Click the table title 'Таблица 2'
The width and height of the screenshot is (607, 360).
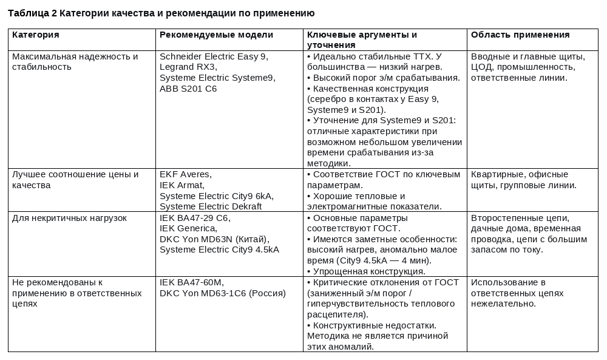point(32,13)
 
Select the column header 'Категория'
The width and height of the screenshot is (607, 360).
point(36,35)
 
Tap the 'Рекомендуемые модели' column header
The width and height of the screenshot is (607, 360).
point(216,35)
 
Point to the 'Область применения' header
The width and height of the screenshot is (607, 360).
point(520,35)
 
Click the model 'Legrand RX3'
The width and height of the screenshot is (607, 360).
point(188,67)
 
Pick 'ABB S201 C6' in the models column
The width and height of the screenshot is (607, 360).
point(188,89)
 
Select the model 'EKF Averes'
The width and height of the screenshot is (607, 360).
point(185,175)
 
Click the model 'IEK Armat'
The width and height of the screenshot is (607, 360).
point(181,185)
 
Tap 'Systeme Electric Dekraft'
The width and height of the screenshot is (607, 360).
point(210,206)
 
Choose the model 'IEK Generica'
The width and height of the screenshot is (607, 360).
point(188,228)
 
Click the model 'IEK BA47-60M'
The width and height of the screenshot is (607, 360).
point(191,282)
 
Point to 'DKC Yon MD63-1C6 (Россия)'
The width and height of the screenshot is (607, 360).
point(222,293)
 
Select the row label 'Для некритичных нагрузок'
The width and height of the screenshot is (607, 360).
point(69,218)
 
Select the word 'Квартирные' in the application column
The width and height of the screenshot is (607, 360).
point(495,175)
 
